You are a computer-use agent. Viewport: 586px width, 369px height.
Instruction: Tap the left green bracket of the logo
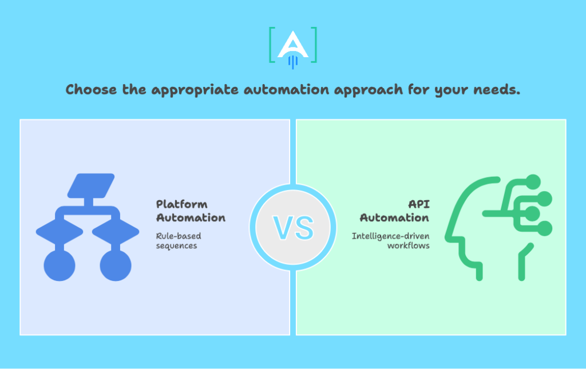(x=271, y=45)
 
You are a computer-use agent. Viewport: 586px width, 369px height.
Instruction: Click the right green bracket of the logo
(x=314, y=45)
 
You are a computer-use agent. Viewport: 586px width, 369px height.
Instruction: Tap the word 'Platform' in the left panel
(x=182, y=204)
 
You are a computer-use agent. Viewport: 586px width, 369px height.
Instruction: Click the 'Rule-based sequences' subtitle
(x=179, y=240)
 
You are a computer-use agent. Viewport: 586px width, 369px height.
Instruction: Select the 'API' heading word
(x=418, y=204)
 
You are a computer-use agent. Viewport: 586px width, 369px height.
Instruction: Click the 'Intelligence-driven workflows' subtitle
(x=390, y=240)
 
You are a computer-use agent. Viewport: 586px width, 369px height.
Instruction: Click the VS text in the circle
(x=293, y=227)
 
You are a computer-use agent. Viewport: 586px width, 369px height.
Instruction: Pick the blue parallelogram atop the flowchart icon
(x=92, y=185)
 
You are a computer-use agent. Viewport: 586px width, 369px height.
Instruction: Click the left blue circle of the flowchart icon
(x=60, y=265)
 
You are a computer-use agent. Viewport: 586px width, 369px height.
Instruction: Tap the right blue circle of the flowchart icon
(x=116, y=265)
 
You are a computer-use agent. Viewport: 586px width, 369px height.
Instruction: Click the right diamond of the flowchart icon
(x=116, y=231)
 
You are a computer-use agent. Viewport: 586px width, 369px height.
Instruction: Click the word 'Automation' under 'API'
(x=395, y=218)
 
